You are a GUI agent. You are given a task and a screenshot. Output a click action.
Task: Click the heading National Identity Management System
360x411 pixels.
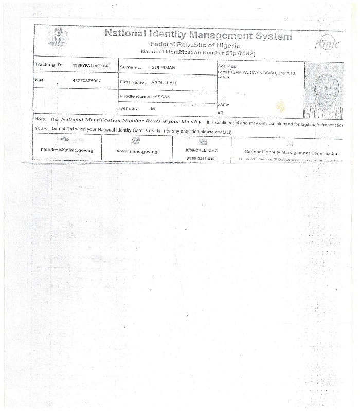pyautogui.click(x=198, y=36)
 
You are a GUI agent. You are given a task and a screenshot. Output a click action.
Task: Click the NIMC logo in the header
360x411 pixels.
pyautogui.click(x=327, y=44)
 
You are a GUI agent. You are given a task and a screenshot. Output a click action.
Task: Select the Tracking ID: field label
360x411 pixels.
pyautogui.click(x=48, y=66)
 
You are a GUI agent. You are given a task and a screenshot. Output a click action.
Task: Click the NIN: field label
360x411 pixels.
pyautogui.click(x=40, y=81)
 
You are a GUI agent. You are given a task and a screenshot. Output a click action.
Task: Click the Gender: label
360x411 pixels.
pyautogui.click(x=129, y=109)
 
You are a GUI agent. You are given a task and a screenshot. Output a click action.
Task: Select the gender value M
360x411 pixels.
pyautogui.click(x=152, y=109)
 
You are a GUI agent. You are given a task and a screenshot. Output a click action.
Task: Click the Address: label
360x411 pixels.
pyautogui.click(x=227, y=67)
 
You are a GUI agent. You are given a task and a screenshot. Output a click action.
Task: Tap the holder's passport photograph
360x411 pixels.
pyautogui.click(x=323, y=90)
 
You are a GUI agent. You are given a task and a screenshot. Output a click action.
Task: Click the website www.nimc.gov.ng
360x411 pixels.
pyautogui.click(x=137, y=151)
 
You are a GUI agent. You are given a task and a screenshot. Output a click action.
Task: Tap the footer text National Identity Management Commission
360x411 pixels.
pyautogui.click(x=291, y=153)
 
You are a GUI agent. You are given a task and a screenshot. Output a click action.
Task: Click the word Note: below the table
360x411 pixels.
pyautogui.click(x=41, y=119)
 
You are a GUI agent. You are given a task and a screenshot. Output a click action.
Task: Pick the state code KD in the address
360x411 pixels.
pyautogui.click(x=221, y=113)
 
